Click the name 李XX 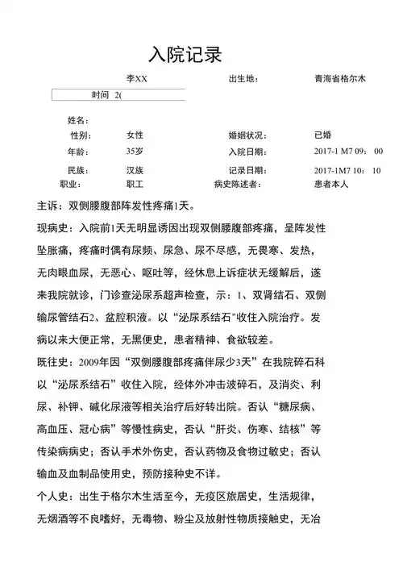137,79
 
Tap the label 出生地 243,79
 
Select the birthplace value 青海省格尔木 340,79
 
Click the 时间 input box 118,95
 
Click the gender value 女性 135,135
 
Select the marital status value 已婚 323,135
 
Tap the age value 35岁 135,151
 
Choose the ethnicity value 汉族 135,170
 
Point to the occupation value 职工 135,184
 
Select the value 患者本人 331,184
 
